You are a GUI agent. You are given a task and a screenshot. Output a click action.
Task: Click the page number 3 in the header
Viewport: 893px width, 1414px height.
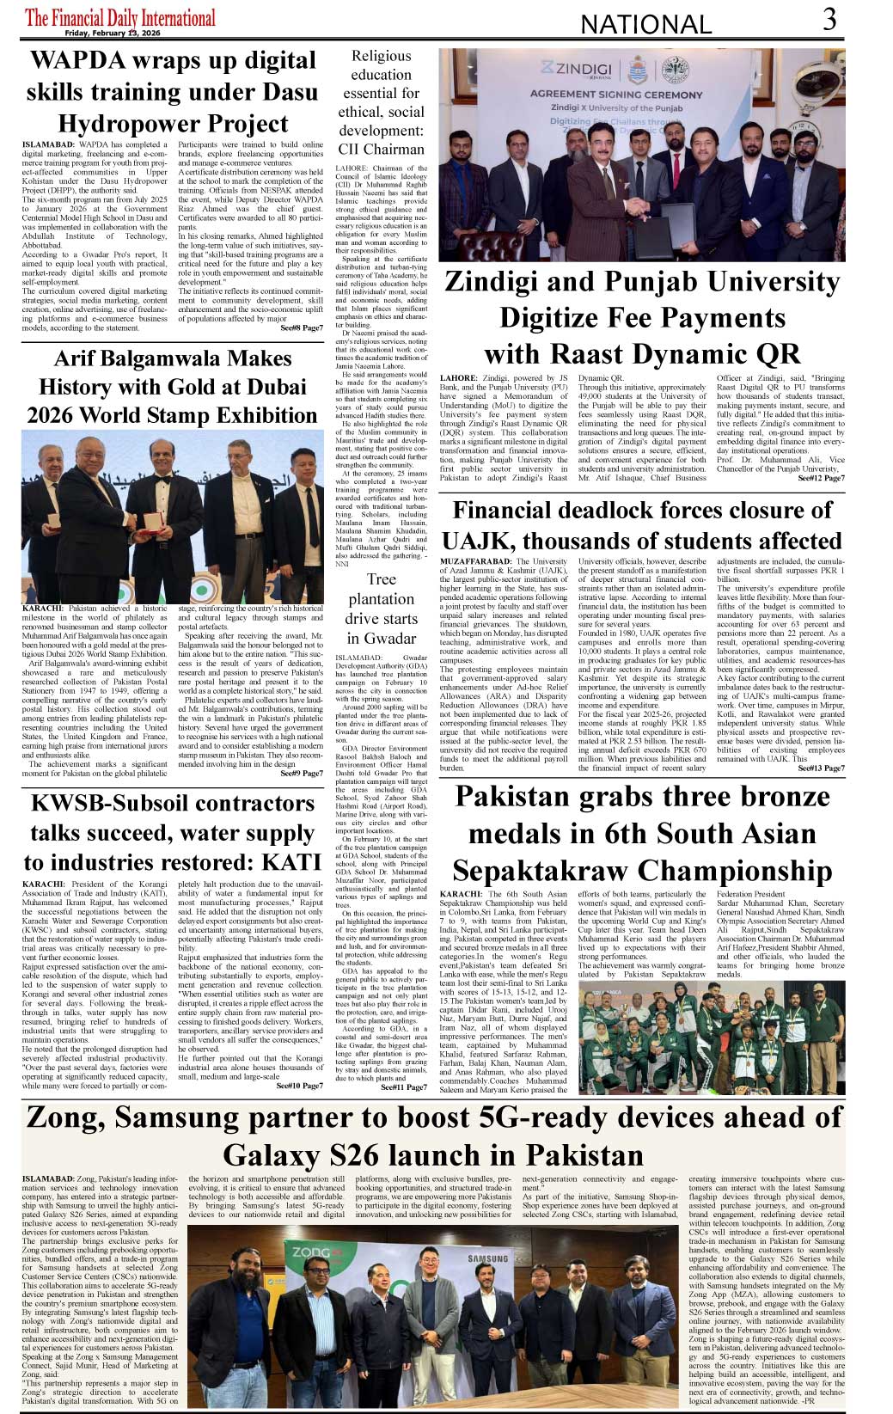coord(829,20)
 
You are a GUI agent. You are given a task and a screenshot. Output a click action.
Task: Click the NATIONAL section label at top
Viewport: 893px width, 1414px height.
coord(646,25)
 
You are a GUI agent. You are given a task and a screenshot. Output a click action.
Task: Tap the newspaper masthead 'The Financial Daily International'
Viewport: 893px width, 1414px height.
coord(120,18)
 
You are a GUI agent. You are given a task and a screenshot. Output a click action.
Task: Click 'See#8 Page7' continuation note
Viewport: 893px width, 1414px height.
coord(302,327)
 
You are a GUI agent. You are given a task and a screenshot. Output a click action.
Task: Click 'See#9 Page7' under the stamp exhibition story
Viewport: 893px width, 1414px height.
coord(302,773)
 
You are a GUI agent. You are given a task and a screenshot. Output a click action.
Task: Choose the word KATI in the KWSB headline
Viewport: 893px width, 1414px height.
coord(291,862)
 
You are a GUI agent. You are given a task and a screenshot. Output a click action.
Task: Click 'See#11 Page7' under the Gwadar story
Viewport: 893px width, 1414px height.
coord(404,1087)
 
